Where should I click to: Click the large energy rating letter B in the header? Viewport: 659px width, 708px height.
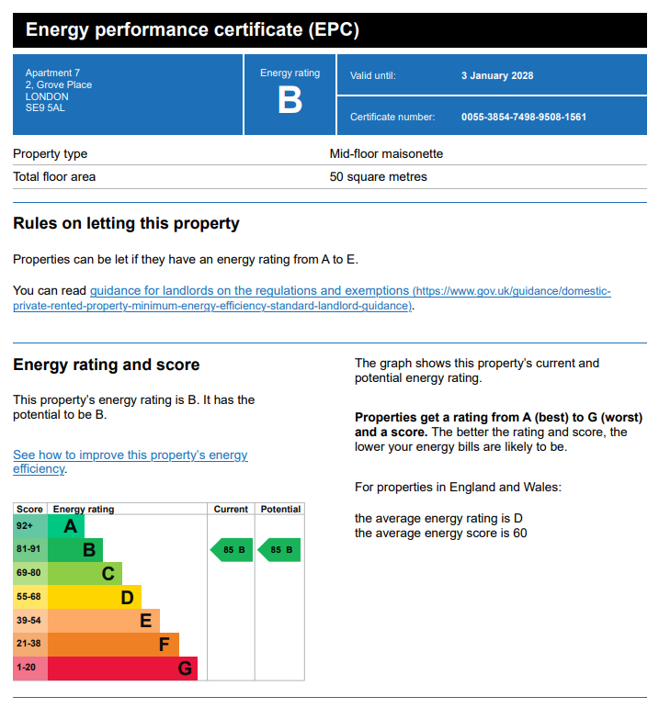[290, 100]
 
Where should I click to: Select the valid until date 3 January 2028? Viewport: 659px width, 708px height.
[497, 75]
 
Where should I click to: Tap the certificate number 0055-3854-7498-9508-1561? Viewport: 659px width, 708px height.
[524, 117]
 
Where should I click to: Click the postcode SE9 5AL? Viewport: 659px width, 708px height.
[45, 108]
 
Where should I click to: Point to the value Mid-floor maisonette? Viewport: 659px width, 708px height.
[386, 153]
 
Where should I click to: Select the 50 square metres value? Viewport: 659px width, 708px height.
[379, 176]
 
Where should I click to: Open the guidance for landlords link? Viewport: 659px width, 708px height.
[249, 291]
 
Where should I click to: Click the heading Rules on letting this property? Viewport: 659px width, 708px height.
[126, 223]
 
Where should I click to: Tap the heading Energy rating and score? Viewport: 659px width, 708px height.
[106, 365]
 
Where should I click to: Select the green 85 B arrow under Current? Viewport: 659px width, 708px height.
[231, 550]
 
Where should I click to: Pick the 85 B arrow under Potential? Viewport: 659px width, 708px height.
[279, 550]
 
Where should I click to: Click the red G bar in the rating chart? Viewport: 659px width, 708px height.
[121, 669]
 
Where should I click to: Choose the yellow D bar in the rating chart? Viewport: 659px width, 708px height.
[94, 598]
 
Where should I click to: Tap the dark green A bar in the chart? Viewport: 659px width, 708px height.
[66, 526]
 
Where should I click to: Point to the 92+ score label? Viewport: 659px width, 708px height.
[25, 526]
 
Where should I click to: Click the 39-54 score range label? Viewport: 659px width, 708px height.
[29, 621]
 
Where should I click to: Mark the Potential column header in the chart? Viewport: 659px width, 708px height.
[280, 509]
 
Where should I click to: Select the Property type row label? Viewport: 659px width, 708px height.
[51, 153]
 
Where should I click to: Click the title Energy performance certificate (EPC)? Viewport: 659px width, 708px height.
[192, 30]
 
